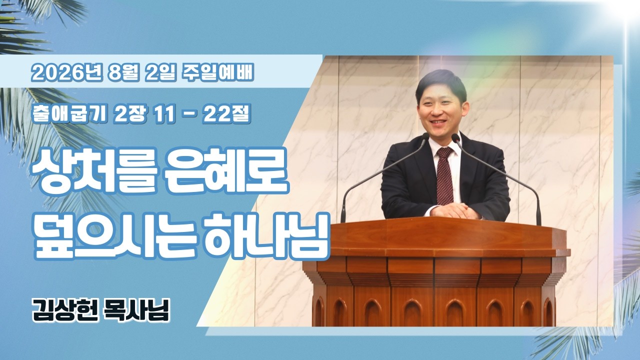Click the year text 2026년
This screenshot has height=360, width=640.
click(x=66, y=73)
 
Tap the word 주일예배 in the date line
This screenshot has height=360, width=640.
click(x=217, y=73)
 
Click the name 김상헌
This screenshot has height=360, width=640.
click(x=65, y=310)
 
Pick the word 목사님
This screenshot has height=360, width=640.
click(x=137, y=310)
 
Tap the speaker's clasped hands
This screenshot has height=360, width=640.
click(x=454, y=211)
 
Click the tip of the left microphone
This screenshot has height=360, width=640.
click(x=425, y=136)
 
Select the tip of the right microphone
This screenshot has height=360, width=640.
click(x=455, y=137)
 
